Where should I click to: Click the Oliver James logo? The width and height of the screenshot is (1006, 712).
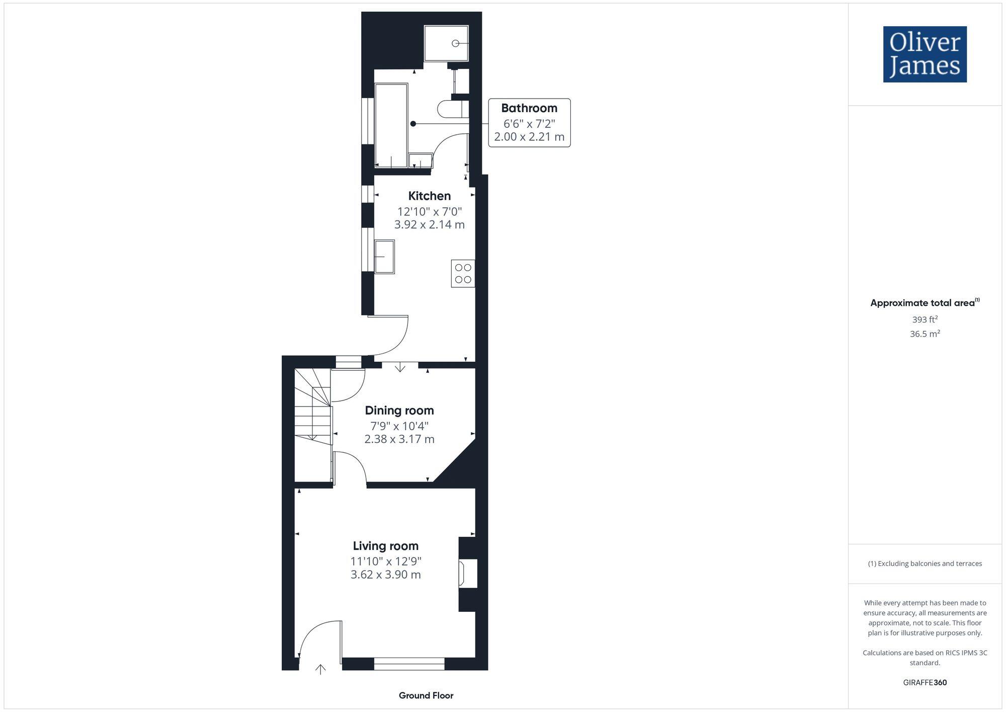[925, 54]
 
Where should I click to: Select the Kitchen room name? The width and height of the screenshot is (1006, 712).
[429, 196]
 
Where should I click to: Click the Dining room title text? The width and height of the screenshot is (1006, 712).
[399, 410]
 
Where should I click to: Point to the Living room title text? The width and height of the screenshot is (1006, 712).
[385, 545]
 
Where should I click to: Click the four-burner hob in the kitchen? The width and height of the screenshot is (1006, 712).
[463, 273]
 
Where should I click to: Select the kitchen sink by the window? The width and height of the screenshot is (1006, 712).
[385, 257]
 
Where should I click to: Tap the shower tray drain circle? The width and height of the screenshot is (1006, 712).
[455, 43]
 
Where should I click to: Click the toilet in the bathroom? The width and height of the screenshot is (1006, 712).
[450, 109]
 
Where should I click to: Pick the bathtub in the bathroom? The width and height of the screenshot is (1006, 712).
[391, 125]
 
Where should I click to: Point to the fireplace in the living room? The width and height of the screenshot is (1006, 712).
[467, 573]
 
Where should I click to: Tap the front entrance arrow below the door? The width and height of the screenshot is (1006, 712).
[320, 669]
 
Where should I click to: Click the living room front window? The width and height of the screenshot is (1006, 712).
[409, 664]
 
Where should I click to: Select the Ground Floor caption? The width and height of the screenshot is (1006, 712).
[426, 695]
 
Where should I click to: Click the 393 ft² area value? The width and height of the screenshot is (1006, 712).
[925, 319]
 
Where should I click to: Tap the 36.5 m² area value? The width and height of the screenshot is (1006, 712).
[925, 334]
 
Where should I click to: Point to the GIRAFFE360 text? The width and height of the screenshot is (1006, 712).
[925, 682]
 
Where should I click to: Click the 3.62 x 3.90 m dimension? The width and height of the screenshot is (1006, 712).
[385, 574]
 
